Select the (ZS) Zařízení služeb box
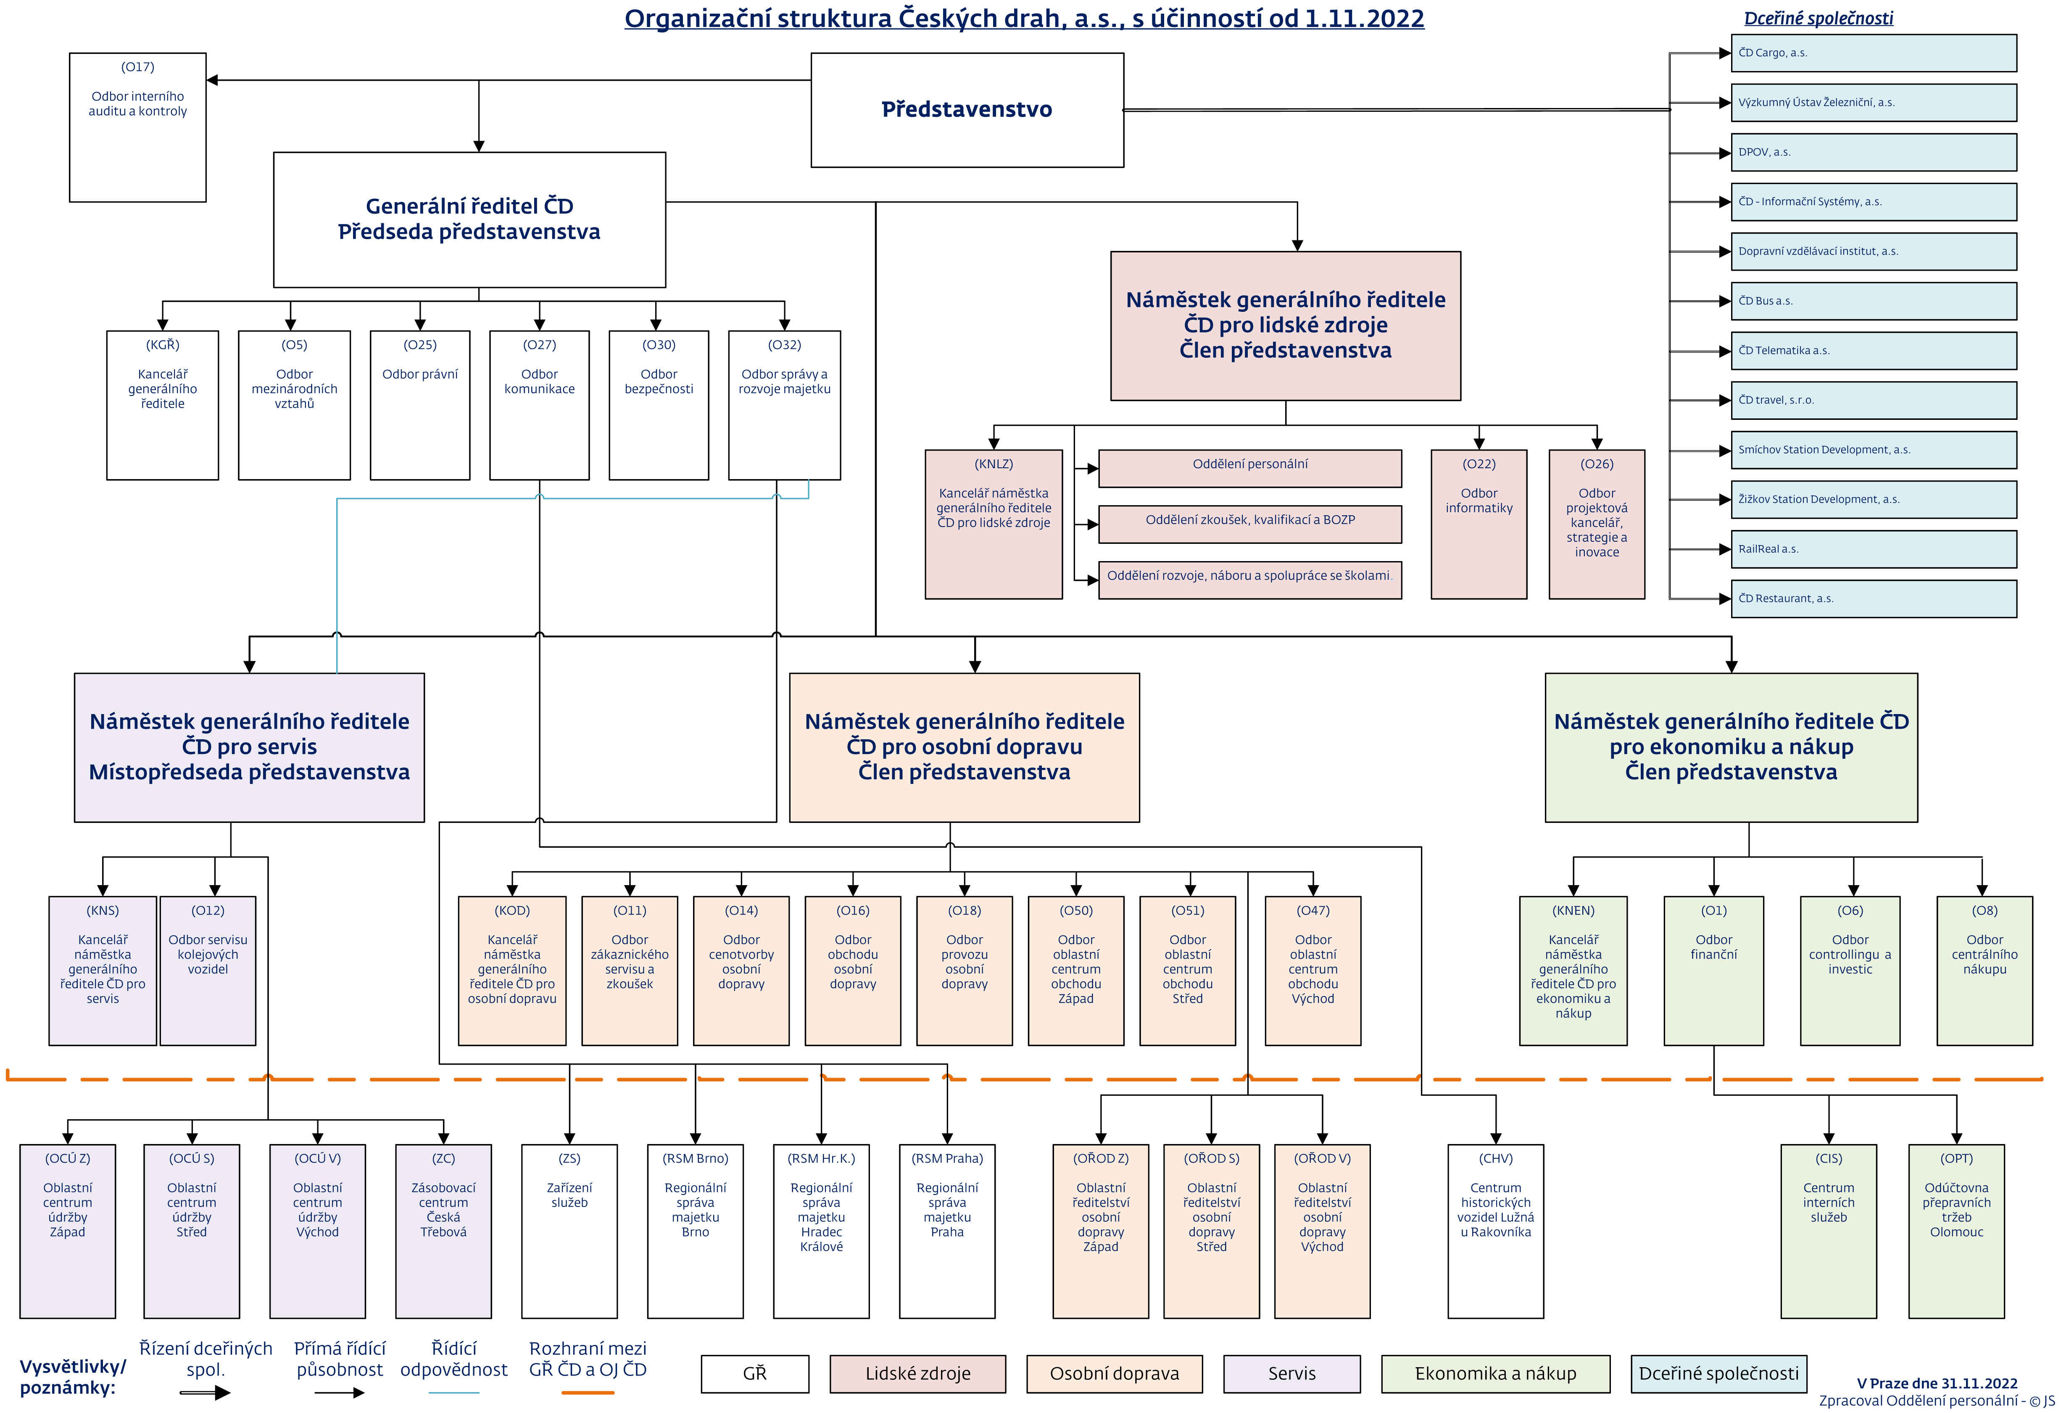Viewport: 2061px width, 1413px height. coord(569,1231)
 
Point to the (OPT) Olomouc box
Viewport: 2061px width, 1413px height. coord(1956,1231)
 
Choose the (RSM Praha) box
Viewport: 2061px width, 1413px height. coord(947,1231)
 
